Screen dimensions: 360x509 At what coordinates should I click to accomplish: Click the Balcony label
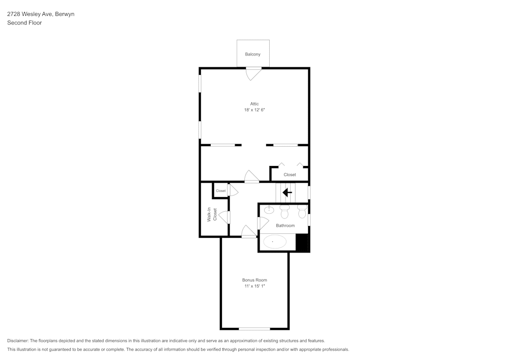pos(252,54)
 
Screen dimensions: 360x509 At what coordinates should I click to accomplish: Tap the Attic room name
pos(254,104)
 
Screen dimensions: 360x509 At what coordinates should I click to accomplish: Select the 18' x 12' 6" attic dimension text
pos(254,110)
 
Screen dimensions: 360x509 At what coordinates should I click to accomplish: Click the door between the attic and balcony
pos(253,74)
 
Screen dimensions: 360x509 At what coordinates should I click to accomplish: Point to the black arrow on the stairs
pos(287,192)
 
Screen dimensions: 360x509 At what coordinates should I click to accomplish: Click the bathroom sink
pos(269,209)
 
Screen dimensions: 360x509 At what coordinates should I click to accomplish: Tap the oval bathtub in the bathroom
pos(274,241)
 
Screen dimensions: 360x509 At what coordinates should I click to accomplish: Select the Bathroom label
pos(285,225)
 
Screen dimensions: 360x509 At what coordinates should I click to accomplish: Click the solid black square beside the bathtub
pos(302,242)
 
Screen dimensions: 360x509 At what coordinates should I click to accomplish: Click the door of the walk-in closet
pos(224,217)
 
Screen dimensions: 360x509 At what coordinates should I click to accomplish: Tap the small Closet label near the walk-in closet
pos(220,191)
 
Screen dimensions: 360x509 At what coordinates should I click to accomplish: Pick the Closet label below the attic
pos(290,175)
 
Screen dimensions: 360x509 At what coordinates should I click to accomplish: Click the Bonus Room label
pos(254,280)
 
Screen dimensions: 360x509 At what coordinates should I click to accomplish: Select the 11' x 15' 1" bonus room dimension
pos(254,286)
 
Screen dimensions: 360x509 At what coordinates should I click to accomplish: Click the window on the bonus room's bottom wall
pos(254,328)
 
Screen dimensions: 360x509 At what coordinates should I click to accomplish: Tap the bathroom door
pos(263,223)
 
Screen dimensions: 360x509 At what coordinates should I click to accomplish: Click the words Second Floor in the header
pos(24,23)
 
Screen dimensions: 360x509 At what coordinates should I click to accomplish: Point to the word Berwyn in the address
pos(65,14)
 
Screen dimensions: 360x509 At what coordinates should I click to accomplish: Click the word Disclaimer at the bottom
pos(18,341)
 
